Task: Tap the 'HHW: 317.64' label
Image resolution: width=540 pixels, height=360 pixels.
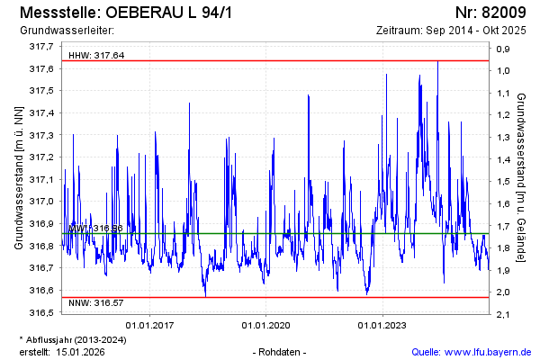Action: click(96, 56)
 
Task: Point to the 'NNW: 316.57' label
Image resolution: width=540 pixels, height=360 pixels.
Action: click(96, 304)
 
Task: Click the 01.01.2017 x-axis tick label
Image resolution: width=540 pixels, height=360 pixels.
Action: click(150, 325)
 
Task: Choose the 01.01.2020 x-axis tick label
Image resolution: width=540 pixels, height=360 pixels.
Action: click(266, 325)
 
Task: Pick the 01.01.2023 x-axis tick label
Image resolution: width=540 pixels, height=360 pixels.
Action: click(382, 325)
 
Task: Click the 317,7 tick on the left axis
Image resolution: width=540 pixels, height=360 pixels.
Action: click(40, 47)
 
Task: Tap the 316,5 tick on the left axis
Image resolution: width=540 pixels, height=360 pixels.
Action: click(40, 312)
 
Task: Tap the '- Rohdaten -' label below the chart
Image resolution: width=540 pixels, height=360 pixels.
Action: click(281, 351)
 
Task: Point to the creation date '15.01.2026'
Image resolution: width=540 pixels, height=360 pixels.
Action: click(84, 351)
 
